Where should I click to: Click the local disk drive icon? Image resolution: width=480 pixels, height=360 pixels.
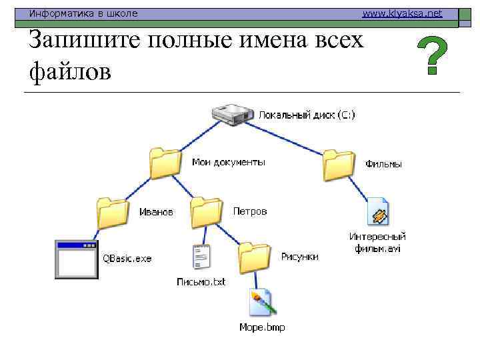pyautogui.click(x=233, y=114)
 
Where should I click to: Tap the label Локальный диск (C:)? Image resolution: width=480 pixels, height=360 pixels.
pyautogui.click(x=307, y=115)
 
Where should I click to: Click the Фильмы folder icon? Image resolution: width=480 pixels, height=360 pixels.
pyautogui.click(x=339, y=164)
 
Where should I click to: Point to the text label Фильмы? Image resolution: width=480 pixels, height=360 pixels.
pyautogui.click(x=384, y=164)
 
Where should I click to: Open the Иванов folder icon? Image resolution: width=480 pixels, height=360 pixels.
pyautogui.click(x=112, y=213)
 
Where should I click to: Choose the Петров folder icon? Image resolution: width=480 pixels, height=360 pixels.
pyautogui.click(x=206, y=213)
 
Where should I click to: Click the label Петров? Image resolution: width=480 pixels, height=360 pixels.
pyautogui.click(x=250, y=211)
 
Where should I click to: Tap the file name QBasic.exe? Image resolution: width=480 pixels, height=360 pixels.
pyautogui.click(x=127, y=259)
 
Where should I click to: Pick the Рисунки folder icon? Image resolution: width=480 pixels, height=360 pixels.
pyautogui.click(x=255, y=257)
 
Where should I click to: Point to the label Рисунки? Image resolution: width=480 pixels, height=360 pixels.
pyautogui.click(x=299, y=257)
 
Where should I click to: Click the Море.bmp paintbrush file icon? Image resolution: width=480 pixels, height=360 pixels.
pyautogui.click(x=260, y=303)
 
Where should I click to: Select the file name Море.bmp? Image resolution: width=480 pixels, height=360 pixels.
pyautogui.click(x=261, y=327)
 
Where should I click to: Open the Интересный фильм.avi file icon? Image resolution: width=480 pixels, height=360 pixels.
pyautogui.click(x=378, y=212)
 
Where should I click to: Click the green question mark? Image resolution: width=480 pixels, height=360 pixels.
pyautogui.click(x=432, y=55)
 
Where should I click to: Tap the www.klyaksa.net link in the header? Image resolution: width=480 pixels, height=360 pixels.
pyautogui.click(x=402, y=13)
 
